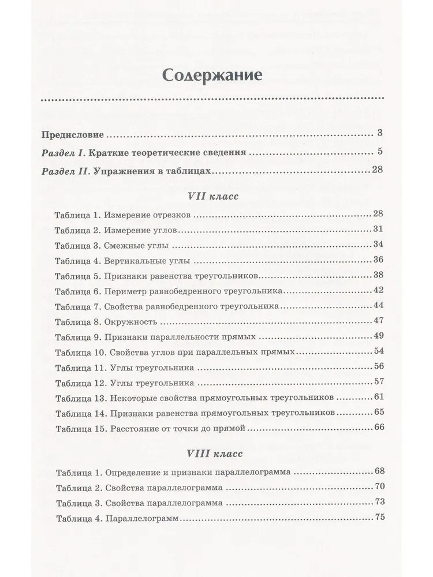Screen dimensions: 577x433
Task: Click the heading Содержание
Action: pyautogui.click(x=214, y=75)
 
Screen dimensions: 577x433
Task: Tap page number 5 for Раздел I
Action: pyautogui.click(x=379, y=153)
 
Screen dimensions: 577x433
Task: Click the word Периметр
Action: pyautogui.click(x=124, y=290)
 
